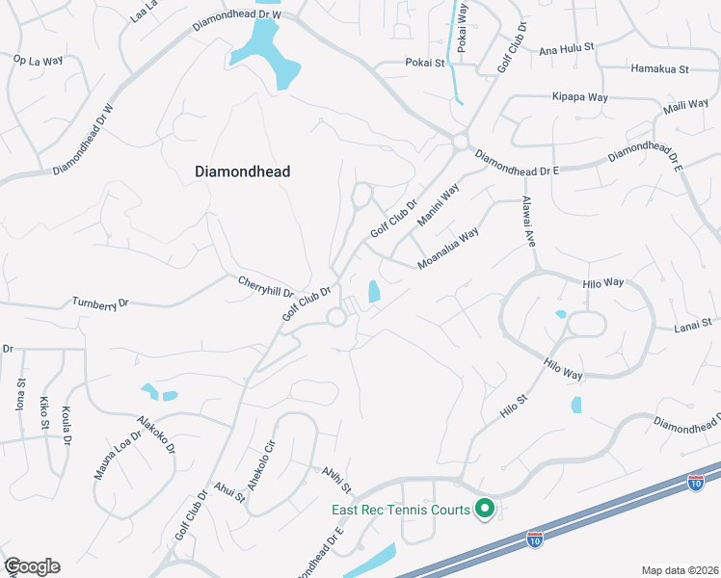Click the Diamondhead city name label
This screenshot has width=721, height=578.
(242, 171)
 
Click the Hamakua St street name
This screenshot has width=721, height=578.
(659, 69)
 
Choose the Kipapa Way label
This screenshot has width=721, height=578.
(580, 97)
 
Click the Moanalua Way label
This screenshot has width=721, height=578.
(448, 249)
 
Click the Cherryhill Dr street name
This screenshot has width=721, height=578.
(265, 286)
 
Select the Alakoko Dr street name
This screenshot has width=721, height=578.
(156, 433)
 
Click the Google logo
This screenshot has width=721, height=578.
(31, 566)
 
